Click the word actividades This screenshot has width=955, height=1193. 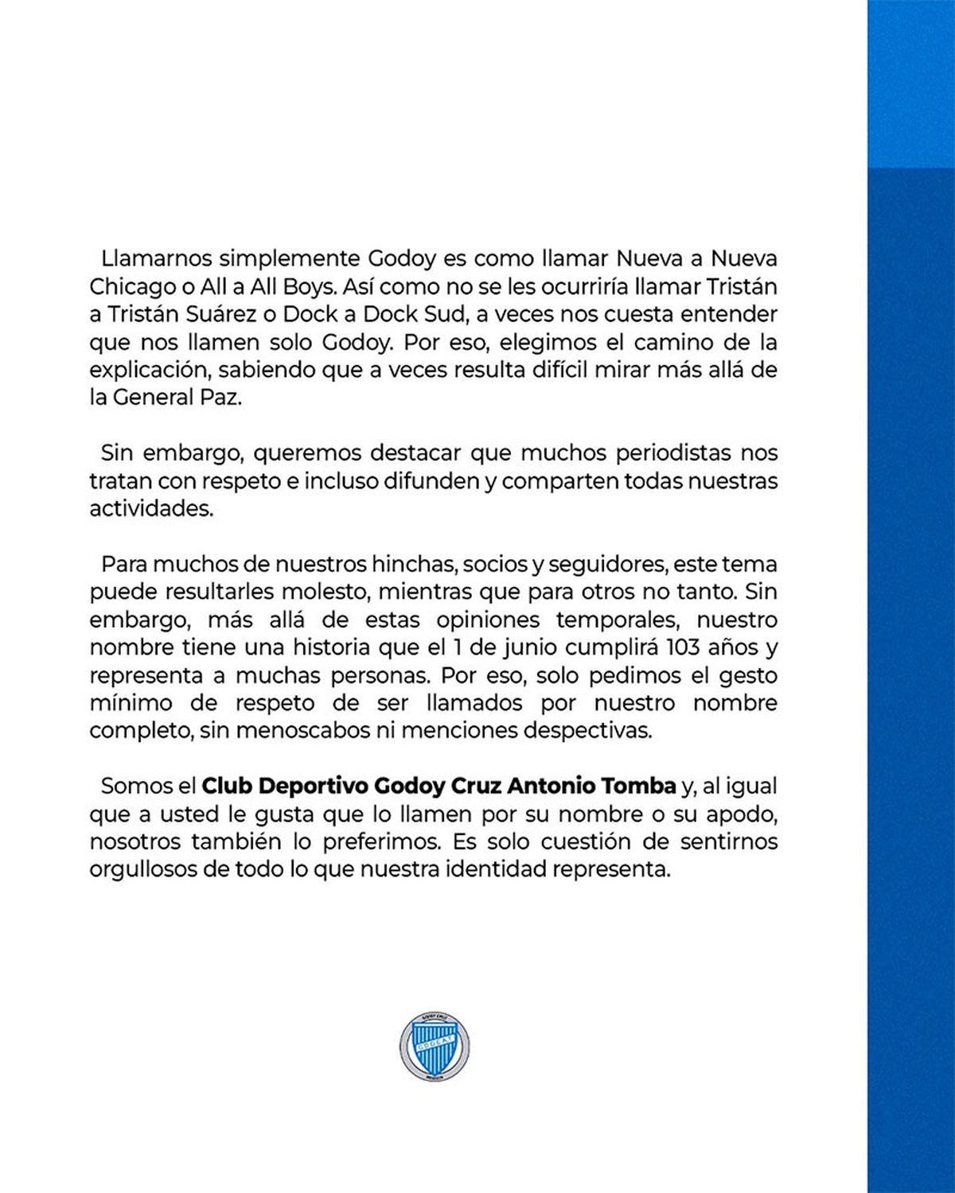[151, 508]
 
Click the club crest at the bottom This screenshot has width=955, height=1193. [434, 1046]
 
